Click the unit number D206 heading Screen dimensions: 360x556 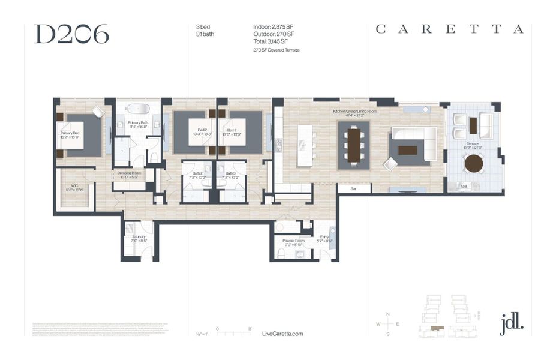tap(71, 34)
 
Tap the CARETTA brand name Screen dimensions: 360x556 tap(449, 29)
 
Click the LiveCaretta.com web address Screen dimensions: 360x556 tap(283, 334)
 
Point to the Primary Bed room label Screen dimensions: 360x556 tap(70, 135)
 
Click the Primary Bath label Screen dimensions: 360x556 tap(138, 124)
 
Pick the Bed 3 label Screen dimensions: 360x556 tap(231, 132)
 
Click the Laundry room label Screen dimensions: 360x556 tap(139, 238)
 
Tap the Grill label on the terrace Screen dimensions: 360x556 tap(464, 187)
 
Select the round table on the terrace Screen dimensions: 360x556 tap(474, 163)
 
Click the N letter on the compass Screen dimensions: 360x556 tap(388, 314)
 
